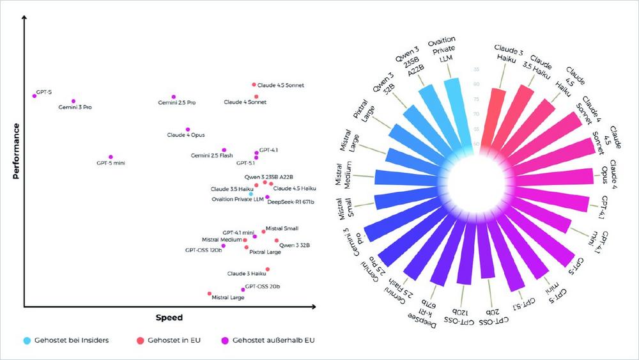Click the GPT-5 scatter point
coord(34,96)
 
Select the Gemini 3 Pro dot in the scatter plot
coord(73,101)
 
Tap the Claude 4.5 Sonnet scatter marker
coord(254,84)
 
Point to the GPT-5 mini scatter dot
coord(111,157)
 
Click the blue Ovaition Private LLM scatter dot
coord(251,194)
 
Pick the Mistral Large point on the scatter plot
coord(210,293)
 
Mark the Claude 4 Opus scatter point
coord(187,129)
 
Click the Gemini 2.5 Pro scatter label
coord(177,103)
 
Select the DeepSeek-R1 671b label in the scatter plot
coord(291,202)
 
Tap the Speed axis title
coord(169,317)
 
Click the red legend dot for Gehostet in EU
coord(141,340)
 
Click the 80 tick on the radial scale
coord(476,84)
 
